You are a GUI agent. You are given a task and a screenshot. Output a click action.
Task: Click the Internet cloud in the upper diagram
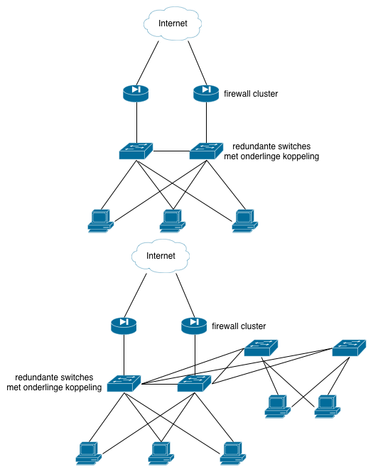pos(173,23)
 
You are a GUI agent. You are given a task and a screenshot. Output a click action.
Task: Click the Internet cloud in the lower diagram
pos(161,256)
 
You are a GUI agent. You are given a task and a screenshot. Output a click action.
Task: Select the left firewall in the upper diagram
pos(136,93)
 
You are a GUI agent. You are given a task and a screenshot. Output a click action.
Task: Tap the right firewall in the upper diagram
pos(206,93)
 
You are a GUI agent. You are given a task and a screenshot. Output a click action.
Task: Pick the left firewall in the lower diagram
pos(124,326)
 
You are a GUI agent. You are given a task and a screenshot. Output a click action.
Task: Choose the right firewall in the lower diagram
pos(195,326)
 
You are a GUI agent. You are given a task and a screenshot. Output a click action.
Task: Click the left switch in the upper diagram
pos(136,151)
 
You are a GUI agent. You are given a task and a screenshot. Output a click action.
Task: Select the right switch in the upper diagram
pos(206,151)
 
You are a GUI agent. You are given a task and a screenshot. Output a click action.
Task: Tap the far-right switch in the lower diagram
pos(350,348)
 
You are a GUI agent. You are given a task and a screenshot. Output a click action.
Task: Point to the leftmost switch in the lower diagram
pos(124,383)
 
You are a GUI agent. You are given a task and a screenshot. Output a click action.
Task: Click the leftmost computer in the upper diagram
pos(101,221)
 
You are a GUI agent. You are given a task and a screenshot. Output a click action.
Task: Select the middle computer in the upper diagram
pos(173,221)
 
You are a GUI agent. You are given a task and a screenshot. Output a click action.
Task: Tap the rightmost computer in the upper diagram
pos(245,221)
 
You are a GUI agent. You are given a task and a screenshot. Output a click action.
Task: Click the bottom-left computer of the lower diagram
pos(89,454)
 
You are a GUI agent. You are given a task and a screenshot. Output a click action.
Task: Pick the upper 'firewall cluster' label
pos(251,94)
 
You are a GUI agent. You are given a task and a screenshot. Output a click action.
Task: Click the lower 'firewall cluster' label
pos(239,326)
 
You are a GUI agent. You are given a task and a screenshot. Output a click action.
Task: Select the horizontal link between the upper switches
pos(171,151)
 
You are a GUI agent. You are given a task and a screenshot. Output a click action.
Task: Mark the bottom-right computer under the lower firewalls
pos(233,454)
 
